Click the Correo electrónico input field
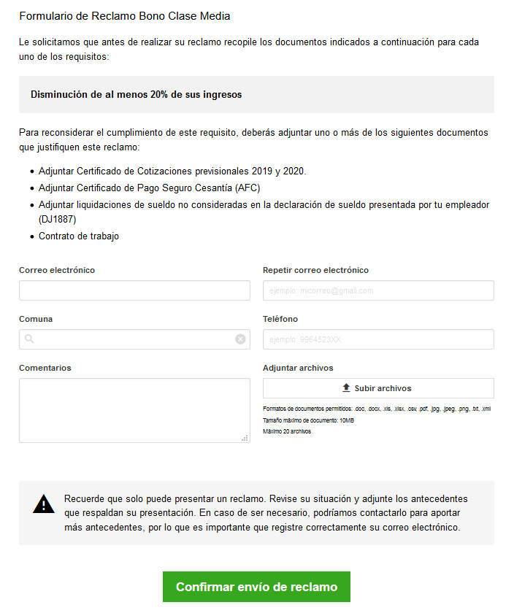(x=134, y=290)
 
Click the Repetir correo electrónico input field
(x=378, y=290)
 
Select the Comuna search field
(x=134, y=339)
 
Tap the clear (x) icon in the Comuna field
(x=240, y=339)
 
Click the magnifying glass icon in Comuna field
(x=29, y=339)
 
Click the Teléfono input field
(x=378, y=339)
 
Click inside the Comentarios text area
(x=134, y=410)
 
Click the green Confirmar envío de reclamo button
(x=256, y=587)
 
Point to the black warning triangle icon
(x=44, y=504)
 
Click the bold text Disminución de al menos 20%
(x=136, y=95)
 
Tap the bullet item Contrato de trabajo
(x=79, y=236)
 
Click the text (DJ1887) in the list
(x=58, y=219)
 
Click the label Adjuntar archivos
(x=298, y=368)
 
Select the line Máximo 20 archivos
(x=287, y=432)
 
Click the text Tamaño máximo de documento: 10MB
(x=308, y=421)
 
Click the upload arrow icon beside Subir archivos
(x=346, y=388)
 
